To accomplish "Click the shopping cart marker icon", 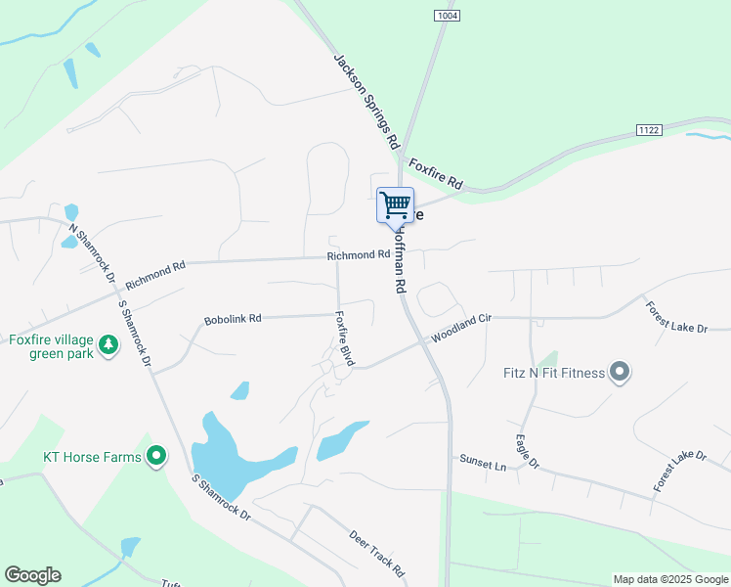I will (395, 205).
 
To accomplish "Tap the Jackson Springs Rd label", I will (367, 101).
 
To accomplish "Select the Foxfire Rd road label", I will (435, 173).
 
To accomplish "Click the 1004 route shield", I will (448, 16).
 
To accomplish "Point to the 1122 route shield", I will (648, 130).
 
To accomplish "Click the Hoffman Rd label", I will (398, 261).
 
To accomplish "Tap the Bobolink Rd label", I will (233, 319).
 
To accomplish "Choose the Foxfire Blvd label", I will (343, 339).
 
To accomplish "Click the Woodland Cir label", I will (459, 326).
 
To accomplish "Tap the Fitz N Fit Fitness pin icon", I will (619, 372).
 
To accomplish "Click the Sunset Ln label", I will (483, 462).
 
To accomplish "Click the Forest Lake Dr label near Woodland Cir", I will (675, 317).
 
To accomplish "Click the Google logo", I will (32, 575).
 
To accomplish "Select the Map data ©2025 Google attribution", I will (670, 579).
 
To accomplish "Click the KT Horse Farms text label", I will (92, 456).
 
